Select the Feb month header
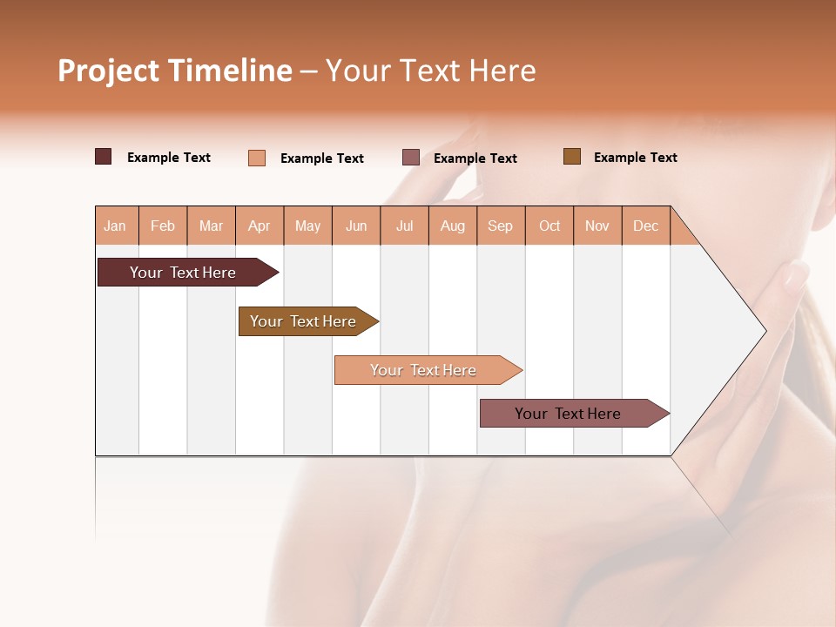click(x=163, y=226)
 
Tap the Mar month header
click(x=211, y=226)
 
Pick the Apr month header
click(x=260, y=226)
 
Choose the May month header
click(x=307, y=226)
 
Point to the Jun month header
click(x=356, y=226)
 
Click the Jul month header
click(x=404, y=226)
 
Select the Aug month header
click(x=453, y=226)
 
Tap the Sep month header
click(x=501, y=226)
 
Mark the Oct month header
click(x=549, y=226)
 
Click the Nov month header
click(x=597, y=226)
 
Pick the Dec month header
click(x=646, y=226)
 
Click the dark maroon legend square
click(x=104, y=157)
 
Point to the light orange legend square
click(x=257, y=158)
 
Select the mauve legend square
click(x=411, y=157)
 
